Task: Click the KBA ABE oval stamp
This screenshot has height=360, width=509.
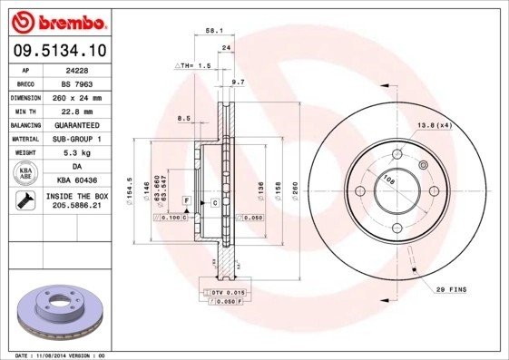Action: tap(26, 172)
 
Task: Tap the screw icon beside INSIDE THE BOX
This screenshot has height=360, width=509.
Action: tap(26, 199)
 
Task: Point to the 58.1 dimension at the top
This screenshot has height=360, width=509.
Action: tap(215, 30)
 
